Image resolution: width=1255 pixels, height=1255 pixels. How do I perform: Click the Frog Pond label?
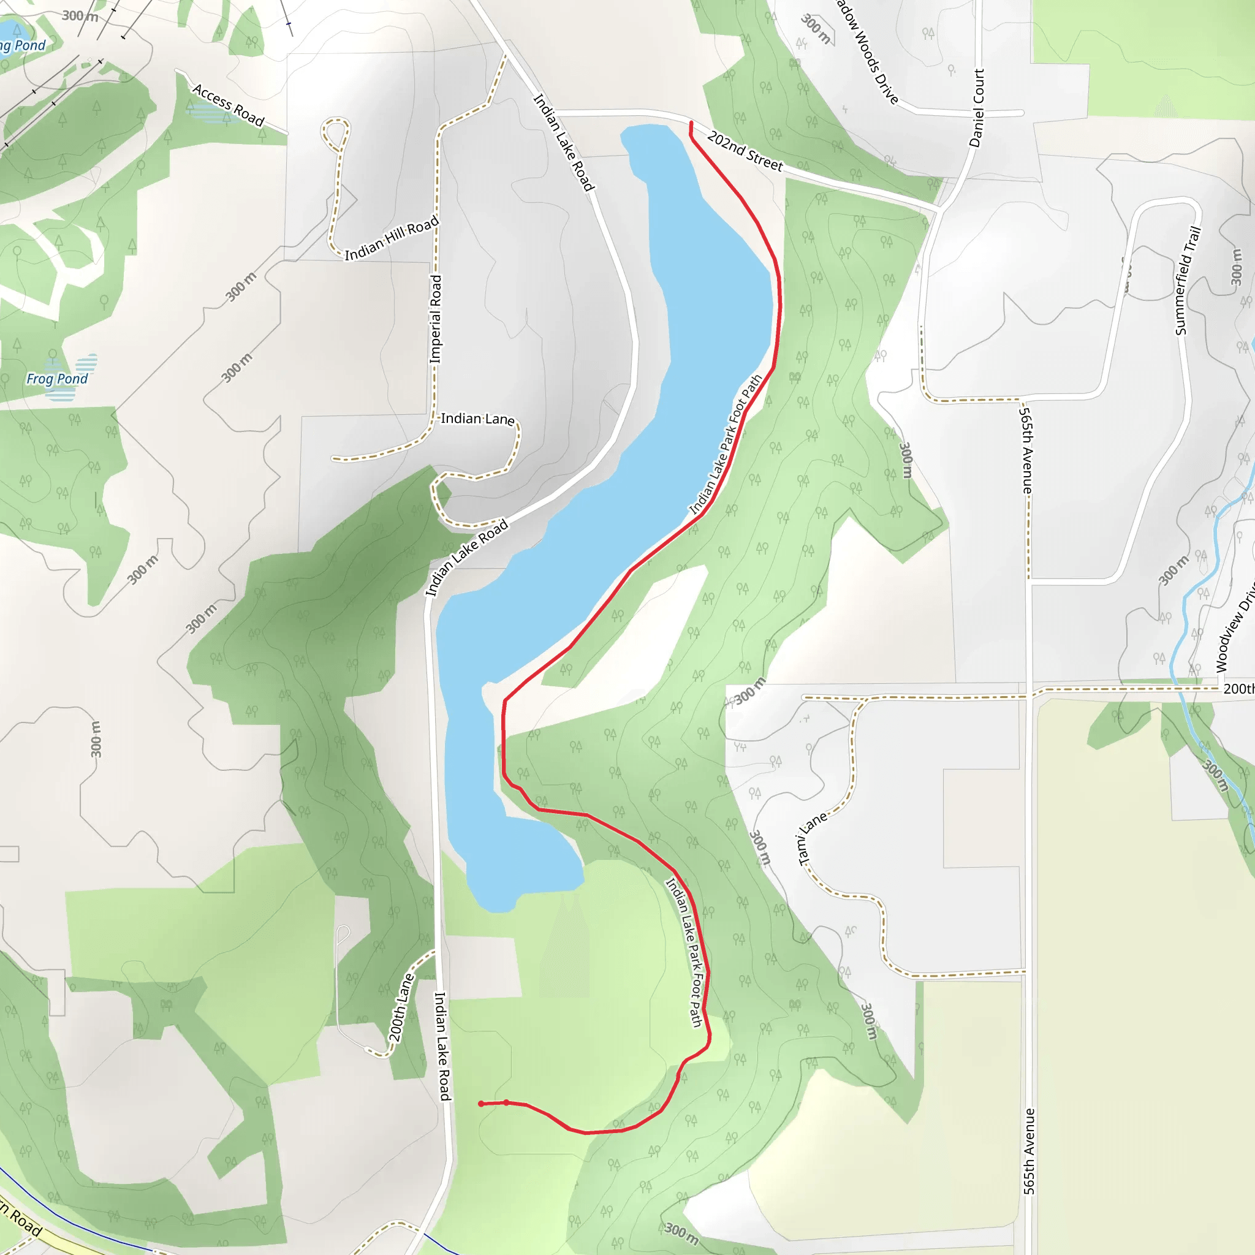(57, 379)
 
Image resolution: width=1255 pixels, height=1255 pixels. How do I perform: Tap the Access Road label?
(229, 105)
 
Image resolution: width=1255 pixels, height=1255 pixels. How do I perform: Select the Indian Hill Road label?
(392, 238)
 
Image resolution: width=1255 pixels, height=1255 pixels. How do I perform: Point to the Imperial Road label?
(435, 319)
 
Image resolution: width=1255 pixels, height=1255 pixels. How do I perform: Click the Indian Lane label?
(477, 419)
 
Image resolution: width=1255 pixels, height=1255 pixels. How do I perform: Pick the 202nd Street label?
(745, 151)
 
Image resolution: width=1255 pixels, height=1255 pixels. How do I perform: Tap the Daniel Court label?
(976, 108)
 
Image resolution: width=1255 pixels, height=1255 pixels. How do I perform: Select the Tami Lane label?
(813, 837)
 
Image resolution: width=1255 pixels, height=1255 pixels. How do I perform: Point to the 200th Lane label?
(401, 1007)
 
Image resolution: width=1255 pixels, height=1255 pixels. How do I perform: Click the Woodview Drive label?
(1234, 627)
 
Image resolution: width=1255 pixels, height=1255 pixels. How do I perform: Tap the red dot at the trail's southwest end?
(481, 1104)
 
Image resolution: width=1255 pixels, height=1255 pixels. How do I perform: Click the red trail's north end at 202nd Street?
(691, 123)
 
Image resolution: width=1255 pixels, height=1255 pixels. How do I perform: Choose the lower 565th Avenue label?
(1029, 1151)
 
